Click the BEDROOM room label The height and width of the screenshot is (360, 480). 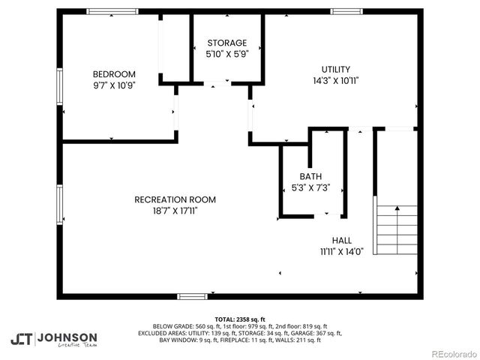[x=114, y=73]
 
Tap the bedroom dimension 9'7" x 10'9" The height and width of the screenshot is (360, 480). [x=114, y=85]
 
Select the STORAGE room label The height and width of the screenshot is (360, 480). [x=226, y=43]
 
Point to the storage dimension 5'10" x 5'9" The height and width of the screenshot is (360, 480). [x=226, y=54]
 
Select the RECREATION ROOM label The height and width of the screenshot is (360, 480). [x=175, y=199]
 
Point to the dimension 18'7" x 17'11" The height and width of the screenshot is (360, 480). [x=175, y=211]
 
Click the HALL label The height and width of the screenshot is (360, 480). [x=341, y=241]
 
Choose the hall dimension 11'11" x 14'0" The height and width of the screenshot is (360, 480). [x=341, y=252]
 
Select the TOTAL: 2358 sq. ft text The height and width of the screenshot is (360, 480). [x=240, y=319]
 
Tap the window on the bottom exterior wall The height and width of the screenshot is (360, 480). [x=192, y=296]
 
